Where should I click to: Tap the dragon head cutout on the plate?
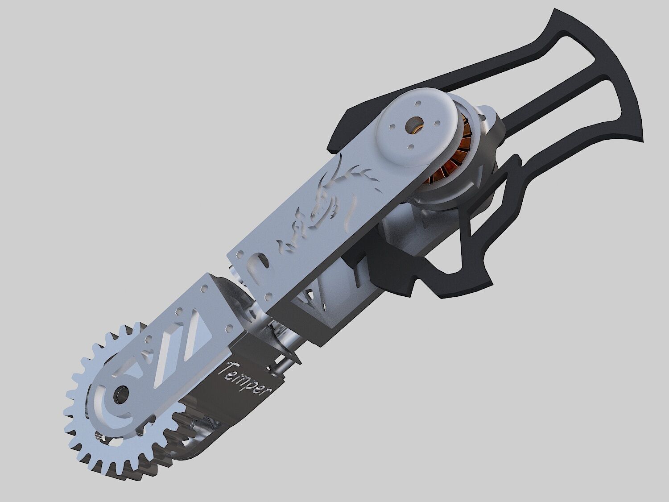(x=352, y=187)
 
